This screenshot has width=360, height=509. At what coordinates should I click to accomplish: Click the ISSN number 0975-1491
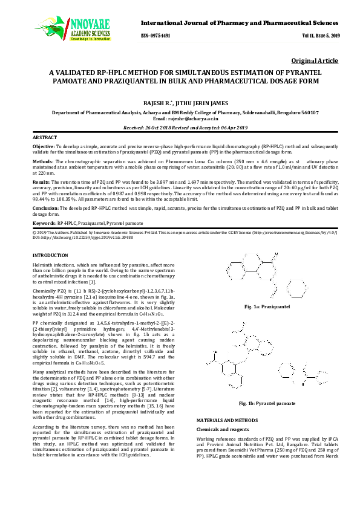(156, 36)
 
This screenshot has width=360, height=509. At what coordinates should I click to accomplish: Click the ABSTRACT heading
(45, 138)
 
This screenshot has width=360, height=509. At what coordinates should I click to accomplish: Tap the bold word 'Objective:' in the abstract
(44, 146)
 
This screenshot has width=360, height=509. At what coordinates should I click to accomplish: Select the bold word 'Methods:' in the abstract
(42, 162)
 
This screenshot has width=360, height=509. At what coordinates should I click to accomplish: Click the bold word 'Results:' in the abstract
(41, 181)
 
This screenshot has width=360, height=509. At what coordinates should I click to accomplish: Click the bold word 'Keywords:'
(44, 224)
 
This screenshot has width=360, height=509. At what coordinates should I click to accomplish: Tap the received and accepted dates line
(180, 128)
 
